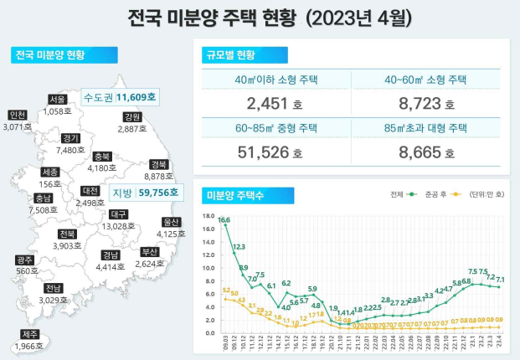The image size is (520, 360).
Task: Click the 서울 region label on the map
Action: coord(58,99)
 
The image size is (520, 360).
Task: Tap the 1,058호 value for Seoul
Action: coord(58,111)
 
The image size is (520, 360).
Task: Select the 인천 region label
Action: coord(17,115)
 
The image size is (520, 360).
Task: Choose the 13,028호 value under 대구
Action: coord(118,226)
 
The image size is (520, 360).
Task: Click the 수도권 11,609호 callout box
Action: coord(120,97)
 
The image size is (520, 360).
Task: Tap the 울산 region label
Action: coord(172,222)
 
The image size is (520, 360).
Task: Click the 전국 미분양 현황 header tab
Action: coord(52,55)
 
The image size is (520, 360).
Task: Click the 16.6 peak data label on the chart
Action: coord(225,220)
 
